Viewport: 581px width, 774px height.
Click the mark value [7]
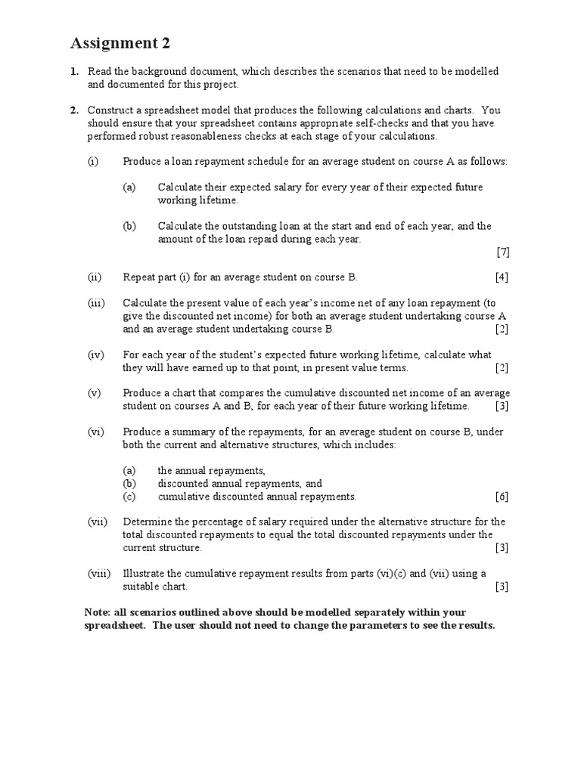[502, 252]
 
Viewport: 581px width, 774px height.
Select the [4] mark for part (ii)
[502, 277]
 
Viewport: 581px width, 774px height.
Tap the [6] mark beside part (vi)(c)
[502, 497]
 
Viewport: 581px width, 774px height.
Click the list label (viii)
[98, 574]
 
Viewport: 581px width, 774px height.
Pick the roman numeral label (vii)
[97, 522]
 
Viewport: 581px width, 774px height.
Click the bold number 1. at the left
[74, 71]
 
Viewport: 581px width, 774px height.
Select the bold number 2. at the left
[74, 110]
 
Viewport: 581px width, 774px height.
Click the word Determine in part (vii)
[146, 522]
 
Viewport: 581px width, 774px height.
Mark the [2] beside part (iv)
[502, 368]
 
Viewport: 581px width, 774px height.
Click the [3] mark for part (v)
[502, 407]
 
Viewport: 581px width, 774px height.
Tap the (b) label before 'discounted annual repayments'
[129, 484]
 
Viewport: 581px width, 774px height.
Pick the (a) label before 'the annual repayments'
[129, 470]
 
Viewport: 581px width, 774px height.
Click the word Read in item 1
[99, 71]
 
